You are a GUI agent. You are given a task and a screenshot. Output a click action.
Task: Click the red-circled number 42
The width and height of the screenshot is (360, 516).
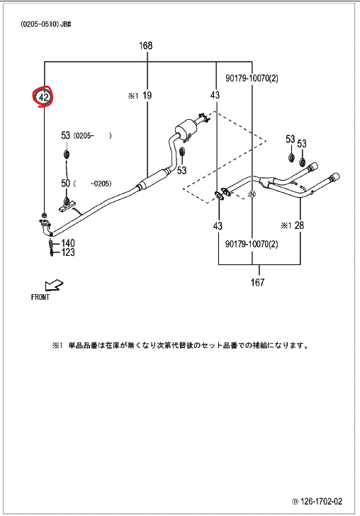click(44, 97)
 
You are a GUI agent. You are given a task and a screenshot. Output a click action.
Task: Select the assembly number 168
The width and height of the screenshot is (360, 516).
click(146, 45)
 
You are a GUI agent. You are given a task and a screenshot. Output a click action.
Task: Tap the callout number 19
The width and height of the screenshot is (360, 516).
click(147, 96)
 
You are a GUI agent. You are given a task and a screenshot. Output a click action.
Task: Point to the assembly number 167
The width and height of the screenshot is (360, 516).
click(257, 282)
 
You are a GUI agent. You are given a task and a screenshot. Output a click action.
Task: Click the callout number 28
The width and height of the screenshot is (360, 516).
click(299, 225)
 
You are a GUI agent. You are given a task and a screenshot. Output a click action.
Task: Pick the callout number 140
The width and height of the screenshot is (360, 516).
click(68, 243)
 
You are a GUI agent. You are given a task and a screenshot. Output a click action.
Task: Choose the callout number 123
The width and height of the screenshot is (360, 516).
click(68, 252)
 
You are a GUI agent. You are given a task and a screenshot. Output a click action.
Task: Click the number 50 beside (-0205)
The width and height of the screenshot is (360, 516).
click(66, 183)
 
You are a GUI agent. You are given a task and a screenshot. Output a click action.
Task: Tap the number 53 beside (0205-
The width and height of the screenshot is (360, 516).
click(66, 135)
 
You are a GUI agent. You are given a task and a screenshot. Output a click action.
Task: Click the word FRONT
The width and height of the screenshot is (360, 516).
click(40, 297)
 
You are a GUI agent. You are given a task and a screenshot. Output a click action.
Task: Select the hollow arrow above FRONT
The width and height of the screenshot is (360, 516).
click(54, 285)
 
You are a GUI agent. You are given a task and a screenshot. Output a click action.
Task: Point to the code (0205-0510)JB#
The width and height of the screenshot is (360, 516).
click(46, 25)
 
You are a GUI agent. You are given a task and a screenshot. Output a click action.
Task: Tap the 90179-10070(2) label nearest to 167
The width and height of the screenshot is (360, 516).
click(252, 244)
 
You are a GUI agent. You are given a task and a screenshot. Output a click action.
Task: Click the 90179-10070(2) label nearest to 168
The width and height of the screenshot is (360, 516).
click(252, 78)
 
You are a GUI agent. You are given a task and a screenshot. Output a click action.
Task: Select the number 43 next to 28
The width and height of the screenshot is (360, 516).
click(218, 225)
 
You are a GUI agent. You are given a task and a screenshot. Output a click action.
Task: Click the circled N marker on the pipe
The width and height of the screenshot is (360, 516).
click(252, 194)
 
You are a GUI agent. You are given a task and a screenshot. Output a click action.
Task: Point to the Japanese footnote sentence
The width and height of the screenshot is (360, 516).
click(180, 346)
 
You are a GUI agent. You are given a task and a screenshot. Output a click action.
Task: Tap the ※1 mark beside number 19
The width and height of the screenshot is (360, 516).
click(133, 96)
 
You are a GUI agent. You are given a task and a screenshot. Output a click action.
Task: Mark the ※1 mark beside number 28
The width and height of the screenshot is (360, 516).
click(286, 225)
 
